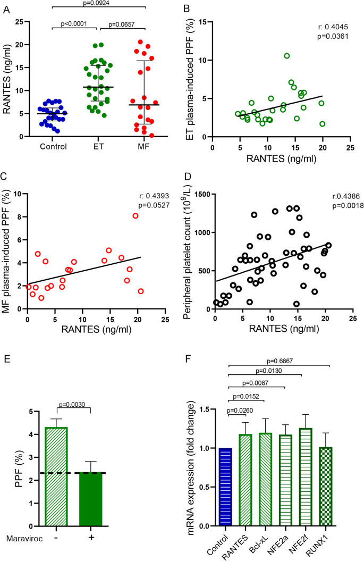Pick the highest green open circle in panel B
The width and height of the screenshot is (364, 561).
coord(287,56)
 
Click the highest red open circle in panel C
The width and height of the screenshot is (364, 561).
coord(136,216)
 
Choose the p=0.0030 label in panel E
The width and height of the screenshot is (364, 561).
coord(74,405)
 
